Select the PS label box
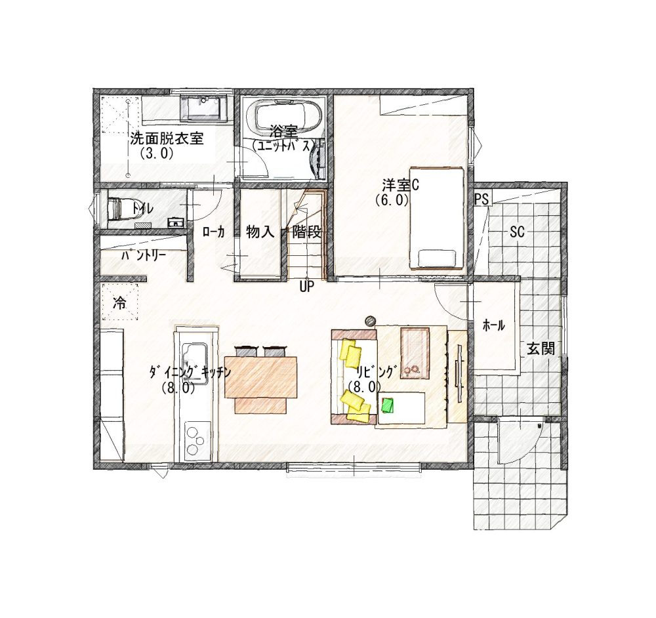pos(482,198)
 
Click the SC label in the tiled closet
pos(517,232)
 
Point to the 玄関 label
pos(541,348)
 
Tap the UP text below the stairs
pos(306,288)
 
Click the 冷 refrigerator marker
pos(119,303)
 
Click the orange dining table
pos(260,377)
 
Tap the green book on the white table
pos(388,405)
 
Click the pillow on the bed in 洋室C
pos(437,258)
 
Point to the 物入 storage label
pos(260,232)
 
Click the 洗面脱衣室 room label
pos(167,138)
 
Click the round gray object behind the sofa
pos(370,321)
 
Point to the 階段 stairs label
pos(306,232)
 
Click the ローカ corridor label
pos(213,232)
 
